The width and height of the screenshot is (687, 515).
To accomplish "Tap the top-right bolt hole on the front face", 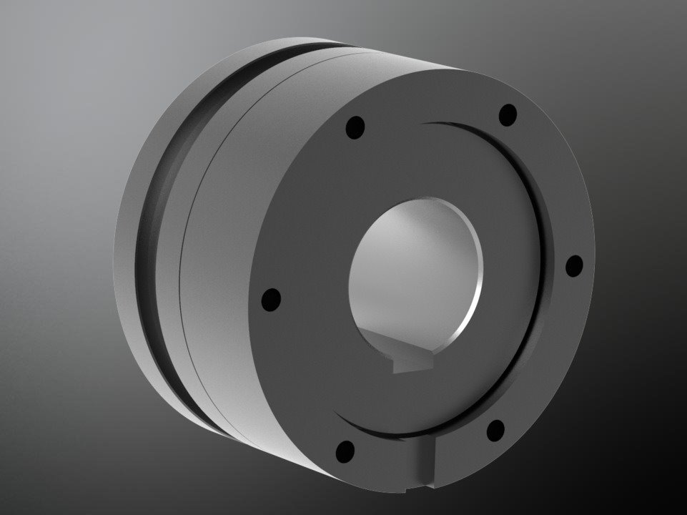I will (508, 114).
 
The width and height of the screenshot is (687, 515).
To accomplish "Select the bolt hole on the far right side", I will (574, 265).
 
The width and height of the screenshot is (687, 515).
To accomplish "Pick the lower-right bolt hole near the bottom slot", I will (495, 429).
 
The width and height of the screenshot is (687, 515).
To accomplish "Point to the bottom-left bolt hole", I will (345, 451).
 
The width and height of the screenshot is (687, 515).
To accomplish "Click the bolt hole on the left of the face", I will (271, 299).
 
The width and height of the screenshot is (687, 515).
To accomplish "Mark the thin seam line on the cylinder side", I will (187, 272).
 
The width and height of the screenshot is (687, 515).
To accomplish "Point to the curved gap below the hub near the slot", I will (386, 431).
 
